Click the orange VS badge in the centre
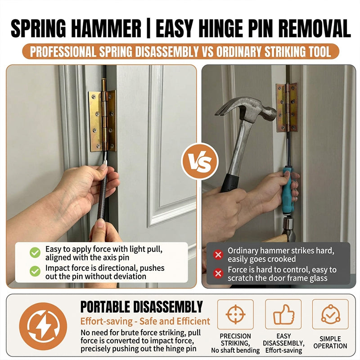[199, 161]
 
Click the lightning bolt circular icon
[43, 326]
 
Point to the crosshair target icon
[235, 314]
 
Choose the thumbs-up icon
[283, 315]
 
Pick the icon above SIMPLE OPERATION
[330, 314]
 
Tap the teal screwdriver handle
[288, 190]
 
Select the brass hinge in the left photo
[103, 121]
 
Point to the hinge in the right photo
[287, 108]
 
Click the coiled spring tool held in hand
[103, 195]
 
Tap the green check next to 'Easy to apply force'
[35, 252]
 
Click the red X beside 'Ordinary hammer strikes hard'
[218, 254]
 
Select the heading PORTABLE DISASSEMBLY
[141, 307]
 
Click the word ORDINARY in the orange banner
[239, 52]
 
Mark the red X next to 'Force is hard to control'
[218, 274]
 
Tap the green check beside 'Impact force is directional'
[35, 271]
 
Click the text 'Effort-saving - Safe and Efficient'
[145, 321]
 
